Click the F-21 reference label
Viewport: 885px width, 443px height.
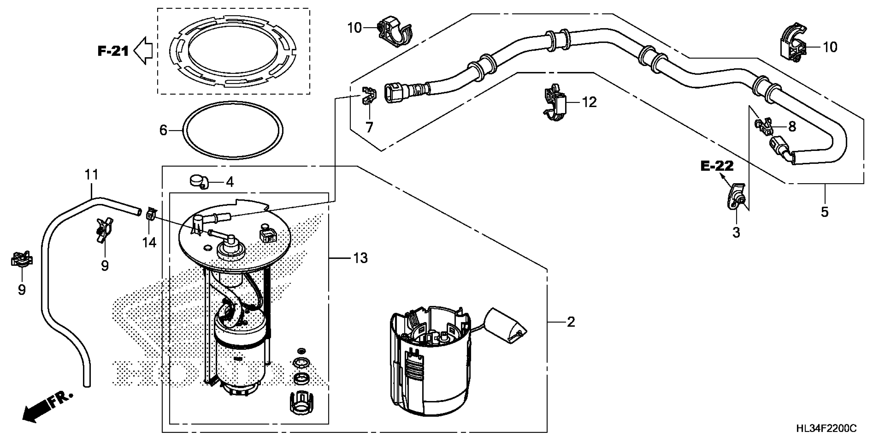[113, 51]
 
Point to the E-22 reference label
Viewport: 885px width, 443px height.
[717, 167]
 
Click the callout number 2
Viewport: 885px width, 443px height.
[571, 322]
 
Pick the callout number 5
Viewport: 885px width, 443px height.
[825, 212]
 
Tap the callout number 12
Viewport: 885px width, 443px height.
[590, 102]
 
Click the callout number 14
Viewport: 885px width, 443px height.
[149, 243]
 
